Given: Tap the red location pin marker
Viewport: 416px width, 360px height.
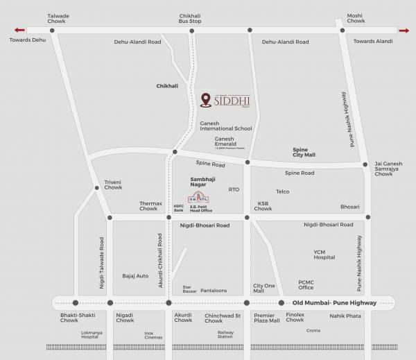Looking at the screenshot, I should [205, 101].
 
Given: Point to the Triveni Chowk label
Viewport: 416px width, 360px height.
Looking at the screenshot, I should [113, 185].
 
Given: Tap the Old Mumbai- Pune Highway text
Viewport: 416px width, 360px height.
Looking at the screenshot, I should [334, 303].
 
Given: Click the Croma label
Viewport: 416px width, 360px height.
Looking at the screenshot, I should [313, 331].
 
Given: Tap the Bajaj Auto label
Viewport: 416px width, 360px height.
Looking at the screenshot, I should [135, 276].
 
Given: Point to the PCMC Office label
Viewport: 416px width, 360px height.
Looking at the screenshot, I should [306, 284].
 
